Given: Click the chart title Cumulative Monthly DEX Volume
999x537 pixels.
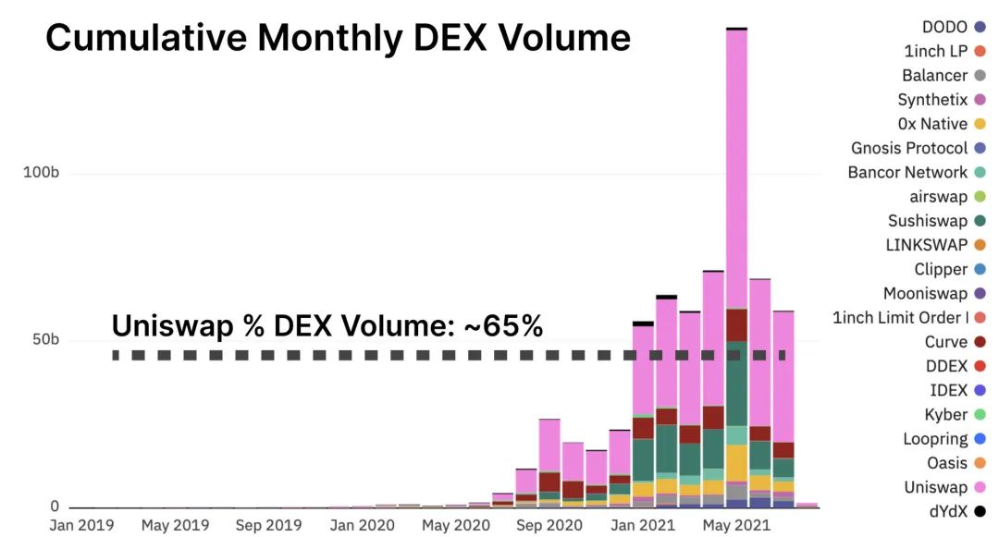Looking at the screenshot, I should (338, 38).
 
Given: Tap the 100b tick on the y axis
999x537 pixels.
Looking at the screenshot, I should (41, 174).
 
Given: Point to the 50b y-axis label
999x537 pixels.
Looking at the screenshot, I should (41, 339).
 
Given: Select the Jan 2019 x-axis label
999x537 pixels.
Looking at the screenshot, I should (81, 525).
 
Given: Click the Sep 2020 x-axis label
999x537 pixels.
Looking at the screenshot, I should (548, 525).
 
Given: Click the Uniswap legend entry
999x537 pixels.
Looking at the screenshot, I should (935, 487).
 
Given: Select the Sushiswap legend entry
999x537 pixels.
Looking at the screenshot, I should (928, 221).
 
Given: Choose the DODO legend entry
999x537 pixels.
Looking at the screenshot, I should (944, 27).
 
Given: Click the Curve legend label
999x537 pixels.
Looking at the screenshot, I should (946, 342).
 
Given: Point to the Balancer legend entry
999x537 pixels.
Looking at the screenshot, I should (935, 76).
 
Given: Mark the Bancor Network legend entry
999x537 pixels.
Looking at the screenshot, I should (907, 173).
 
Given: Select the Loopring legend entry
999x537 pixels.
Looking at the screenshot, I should (935, 439).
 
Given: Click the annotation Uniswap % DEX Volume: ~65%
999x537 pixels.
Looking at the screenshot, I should (327, 325).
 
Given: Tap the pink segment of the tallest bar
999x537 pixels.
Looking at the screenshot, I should (736, 166).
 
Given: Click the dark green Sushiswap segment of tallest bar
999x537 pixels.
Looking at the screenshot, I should (736, 383).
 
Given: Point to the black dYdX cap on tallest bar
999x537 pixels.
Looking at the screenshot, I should (736, 29).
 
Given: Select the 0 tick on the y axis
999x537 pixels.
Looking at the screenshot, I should (53, 506).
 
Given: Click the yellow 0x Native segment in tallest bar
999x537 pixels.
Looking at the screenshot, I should (736, 462).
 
